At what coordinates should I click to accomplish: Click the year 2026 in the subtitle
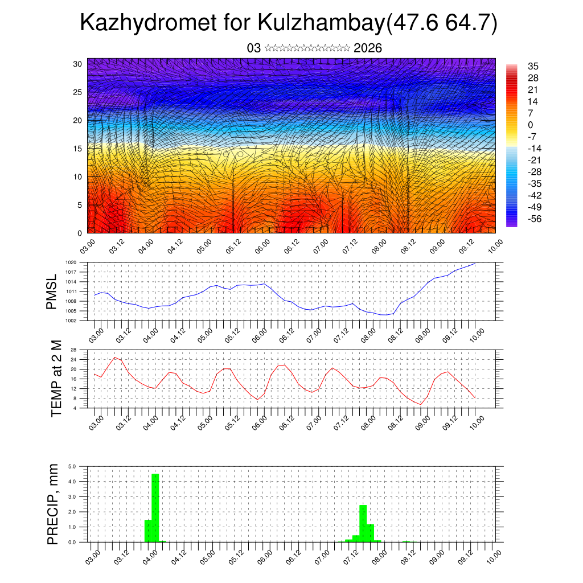coord(367,48)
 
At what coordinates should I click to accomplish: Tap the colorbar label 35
coord(533,66)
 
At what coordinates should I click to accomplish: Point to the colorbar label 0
coord(530,125)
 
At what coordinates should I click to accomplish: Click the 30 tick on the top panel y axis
coord(77,64)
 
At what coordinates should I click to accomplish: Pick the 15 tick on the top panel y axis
coord(77,149)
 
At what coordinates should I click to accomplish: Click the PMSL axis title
coord(52,291)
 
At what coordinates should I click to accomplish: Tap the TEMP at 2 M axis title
coord(56,379)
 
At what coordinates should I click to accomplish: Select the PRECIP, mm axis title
coord(53,504)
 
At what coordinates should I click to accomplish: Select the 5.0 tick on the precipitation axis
coord(72,466)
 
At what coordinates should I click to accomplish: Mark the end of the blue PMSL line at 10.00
coord(475,263)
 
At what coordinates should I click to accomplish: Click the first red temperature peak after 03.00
coord(115,358)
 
